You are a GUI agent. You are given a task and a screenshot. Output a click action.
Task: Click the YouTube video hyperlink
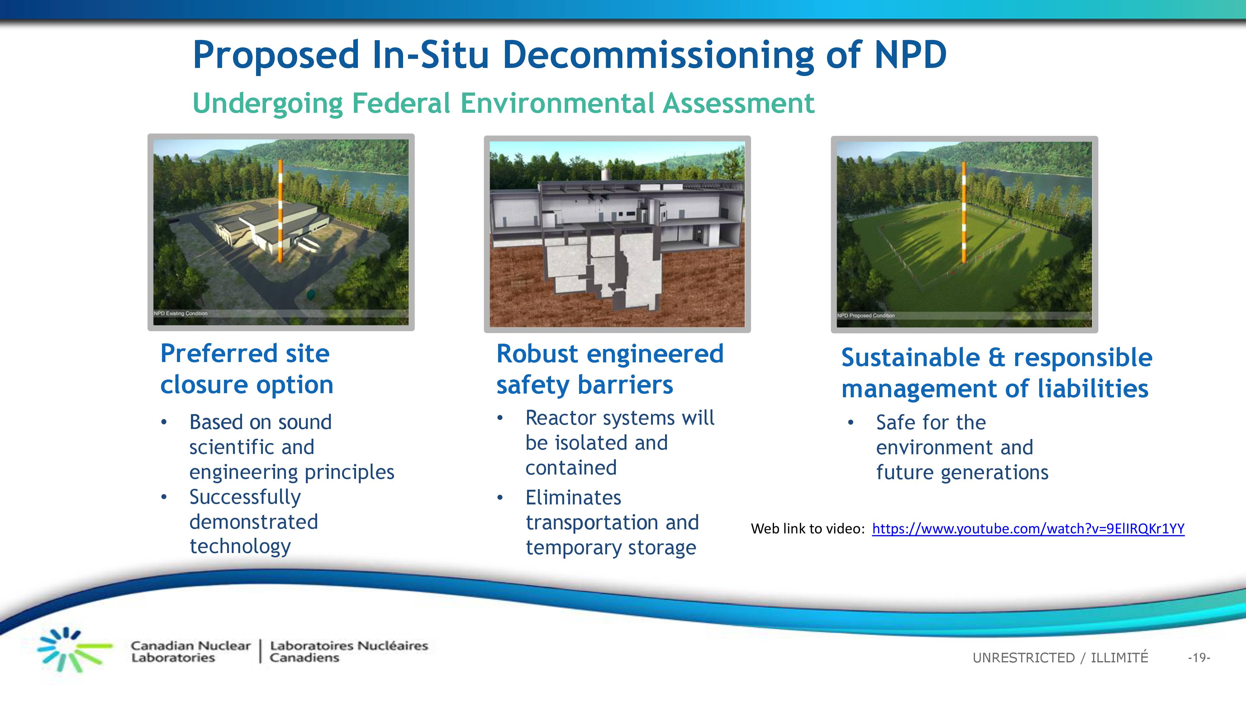click(x=1028, y=528)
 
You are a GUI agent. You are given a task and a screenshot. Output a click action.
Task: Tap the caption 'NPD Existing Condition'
click(x=180, y=313)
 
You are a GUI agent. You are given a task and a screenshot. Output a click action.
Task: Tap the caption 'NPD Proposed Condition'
click(x=866, y=315)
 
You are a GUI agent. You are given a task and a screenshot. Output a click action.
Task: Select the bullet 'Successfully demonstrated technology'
click(x=254, y=522)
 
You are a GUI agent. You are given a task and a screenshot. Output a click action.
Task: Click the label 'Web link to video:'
click(x=808, y=529)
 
